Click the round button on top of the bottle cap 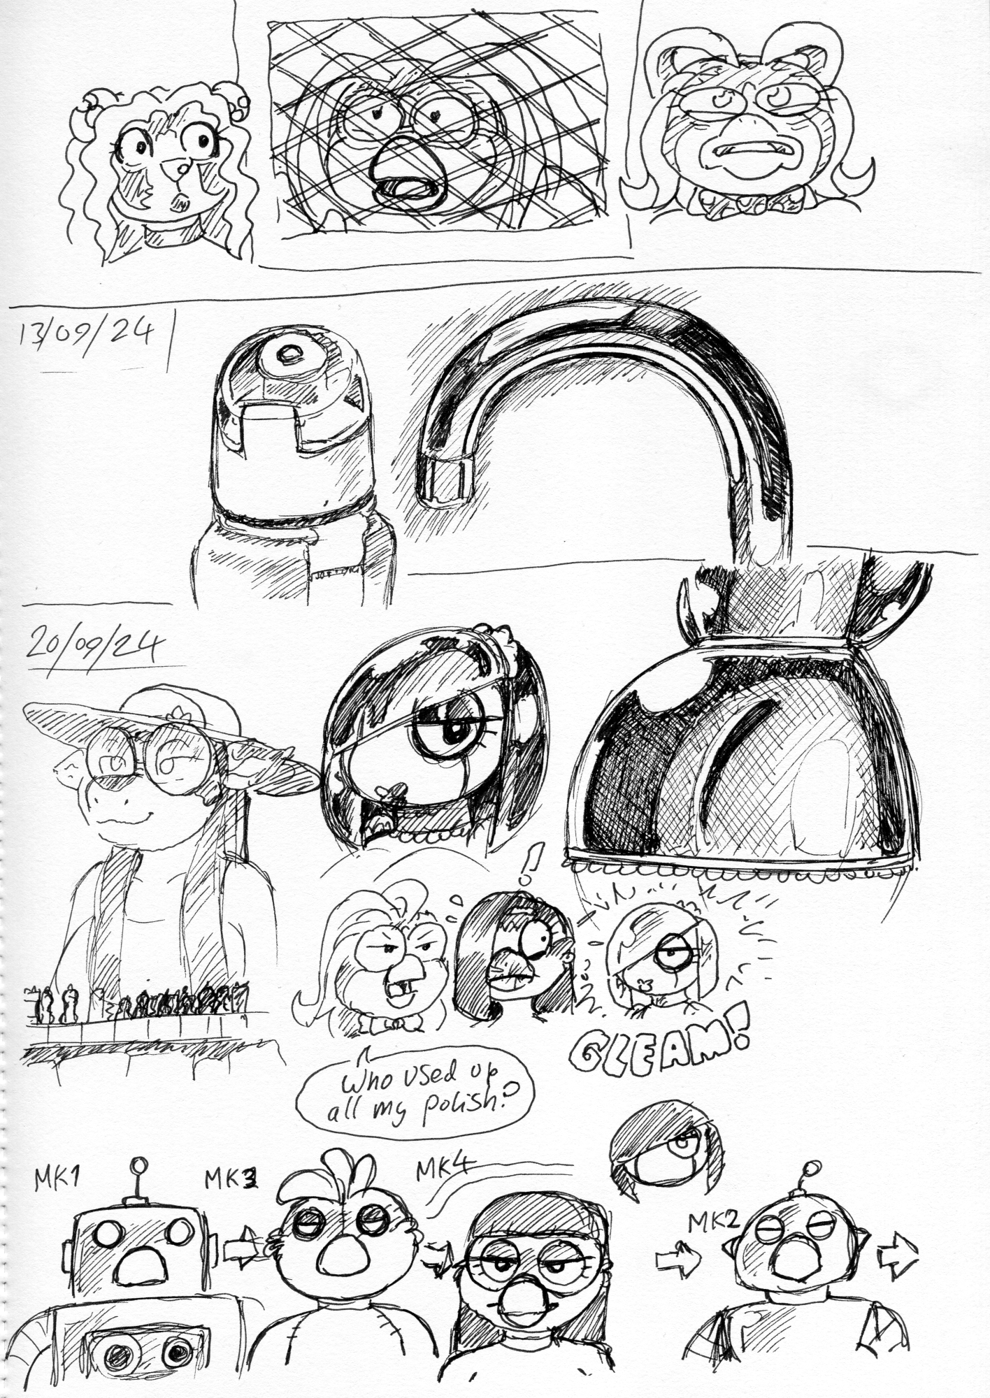[x=286, y=355]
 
